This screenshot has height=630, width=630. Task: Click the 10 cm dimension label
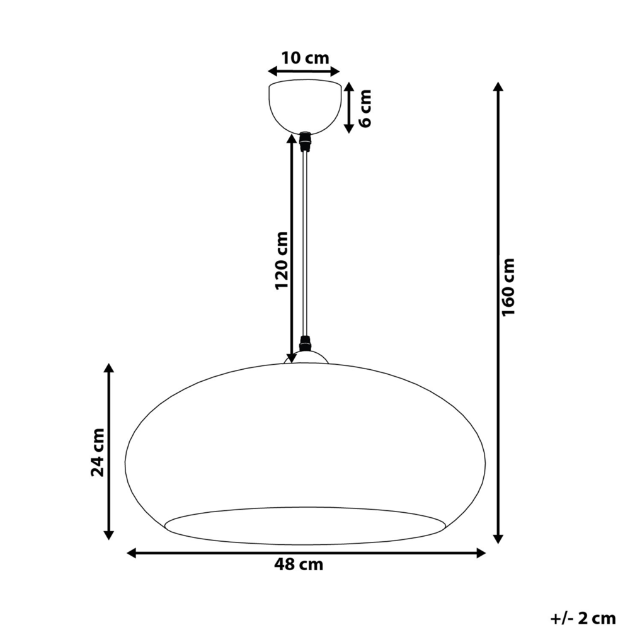tap(304, 59)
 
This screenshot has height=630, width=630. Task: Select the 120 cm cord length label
tap(282, 261)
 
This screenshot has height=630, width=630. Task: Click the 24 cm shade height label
tap(98, 452)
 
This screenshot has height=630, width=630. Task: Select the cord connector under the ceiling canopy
tap(306, 142)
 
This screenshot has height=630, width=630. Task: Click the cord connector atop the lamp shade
tap(306, 344)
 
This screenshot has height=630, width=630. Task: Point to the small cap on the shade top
tap(306, 358)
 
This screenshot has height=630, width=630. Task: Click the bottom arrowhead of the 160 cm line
tap(498, 539)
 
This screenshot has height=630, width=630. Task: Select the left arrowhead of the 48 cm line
tap(132, 553)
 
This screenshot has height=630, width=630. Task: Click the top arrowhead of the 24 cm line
tap(108, 369)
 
